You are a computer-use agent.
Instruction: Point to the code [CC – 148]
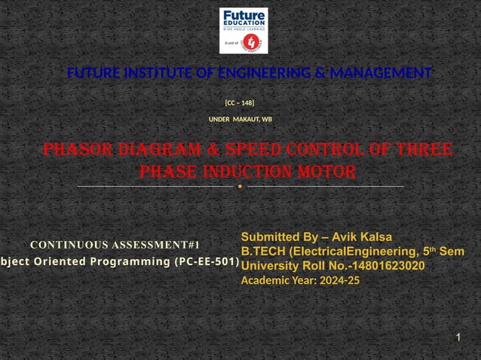tap(240, 102)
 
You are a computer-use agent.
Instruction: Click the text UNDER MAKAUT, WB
tap(240, 120)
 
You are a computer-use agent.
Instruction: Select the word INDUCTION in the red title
tap(249, 172)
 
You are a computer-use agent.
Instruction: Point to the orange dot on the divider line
tap(240, 186)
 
